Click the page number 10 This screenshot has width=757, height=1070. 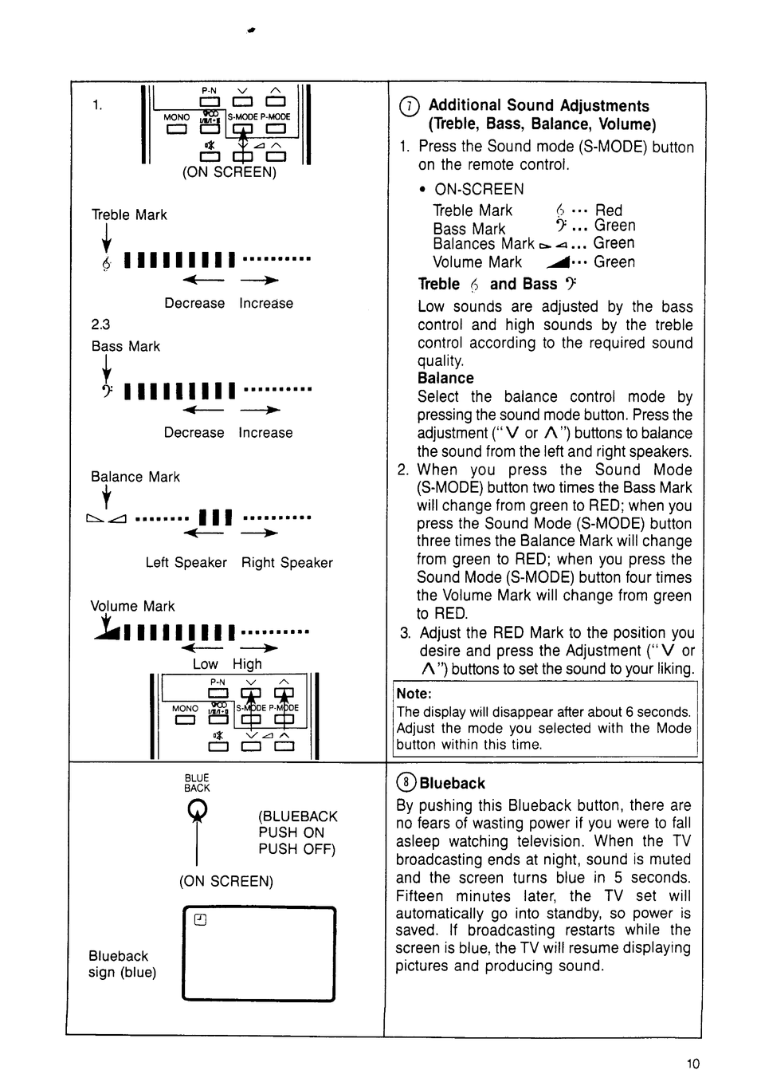point(692,1062)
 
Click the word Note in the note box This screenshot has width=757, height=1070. point(414,694)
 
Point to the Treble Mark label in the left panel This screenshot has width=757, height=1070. point(129,215)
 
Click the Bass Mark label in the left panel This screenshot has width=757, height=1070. point(126,347)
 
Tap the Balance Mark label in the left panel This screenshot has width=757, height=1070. point(135,477)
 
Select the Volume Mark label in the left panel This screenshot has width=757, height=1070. point(132,606)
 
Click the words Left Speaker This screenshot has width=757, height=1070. point(186,563)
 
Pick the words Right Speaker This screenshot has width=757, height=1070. point(287,563)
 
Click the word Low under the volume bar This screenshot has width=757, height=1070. point(205,664)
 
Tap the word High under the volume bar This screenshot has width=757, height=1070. point(247,664)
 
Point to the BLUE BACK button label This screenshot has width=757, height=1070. point(197,783)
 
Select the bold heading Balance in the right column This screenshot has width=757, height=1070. point(445,378)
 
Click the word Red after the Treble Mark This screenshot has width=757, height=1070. point(609,210)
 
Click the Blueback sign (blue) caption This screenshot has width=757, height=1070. point(122,964)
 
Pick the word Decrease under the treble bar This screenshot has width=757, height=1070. point(194,304)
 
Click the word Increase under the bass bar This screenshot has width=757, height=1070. point(265,433)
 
